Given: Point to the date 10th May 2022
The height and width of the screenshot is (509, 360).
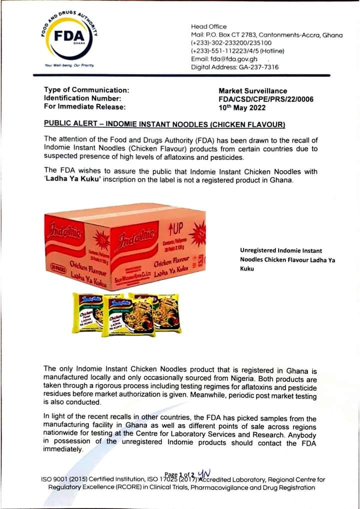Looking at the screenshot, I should coord(239,106).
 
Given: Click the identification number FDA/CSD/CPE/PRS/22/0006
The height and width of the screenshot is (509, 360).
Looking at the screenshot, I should coord(266,99).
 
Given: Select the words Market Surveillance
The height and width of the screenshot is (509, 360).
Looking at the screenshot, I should coord(253,91).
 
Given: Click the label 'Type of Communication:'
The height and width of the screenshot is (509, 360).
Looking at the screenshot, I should coord(86,90).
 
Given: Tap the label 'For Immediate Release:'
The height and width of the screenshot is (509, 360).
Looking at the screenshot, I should coord(85,106).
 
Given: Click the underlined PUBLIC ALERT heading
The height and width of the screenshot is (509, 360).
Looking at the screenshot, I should coord(164,123).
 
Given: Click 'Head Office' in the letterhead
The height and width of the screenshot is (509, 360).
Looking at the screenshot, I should coord(208,26).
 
